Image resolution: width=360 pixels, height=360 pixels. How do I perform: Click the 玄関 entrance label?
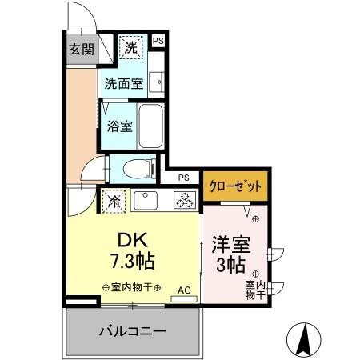click(x=81, y=49)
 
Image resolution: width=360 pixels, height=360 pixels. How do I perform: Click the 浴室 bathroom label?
click(x=119, y=125)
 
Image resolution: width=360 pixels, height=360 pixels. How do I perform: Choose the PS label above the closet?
click(x=184, y=178)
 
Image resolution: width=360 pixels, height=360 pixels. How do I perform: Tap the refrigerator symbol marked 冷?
click(x=114, y=200)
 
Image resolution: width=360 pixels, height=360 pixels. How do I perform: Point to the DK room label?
click(x=132, y=240)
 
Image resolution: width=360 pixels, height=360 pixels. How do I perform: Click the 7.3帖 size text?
click(x=132, y=261)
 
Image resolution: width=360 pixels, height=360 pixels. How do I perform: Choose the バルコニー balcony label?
click(x=133, y=330)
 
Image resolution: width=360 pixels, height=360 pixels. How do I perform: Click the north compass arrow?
click(x=306, y=337)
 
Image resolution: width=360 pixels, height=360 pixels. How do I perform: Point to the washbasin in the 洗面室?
click(x=159, y=80)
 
